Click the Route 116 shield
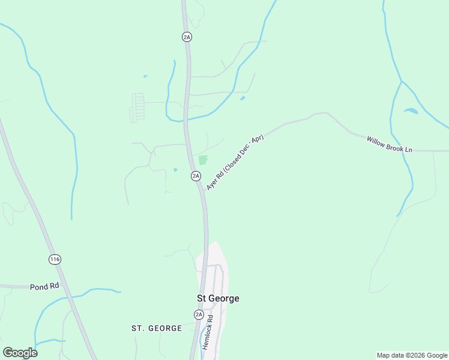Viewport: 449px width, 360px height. (55, 259)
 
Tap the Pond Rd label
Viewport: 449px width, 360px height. (44, 287)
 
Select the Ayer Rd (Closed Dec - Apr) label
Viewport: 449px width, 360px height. (235, 163)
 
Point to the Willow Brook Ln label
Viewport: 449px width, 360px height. (390, 144)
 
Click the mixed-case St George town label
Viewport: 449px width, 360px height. (218, 298)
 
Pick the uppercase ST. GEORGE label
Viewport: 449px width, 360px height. (157, 328)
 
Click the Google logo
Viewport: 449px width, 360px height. (20, 353)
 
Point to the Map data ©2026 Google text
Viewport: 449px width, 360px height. (412, 355)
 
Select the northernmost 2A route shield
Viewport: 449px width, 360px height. (187, 37)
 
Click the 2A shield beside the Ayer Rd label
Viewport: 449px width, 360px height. (196, 176)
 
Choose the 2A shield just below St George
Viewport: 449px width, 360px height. (199, 314)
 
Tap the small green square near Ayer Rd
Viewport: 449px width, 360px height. (203, 160)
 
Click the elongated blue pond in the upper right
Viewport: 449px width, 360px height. (411, 111)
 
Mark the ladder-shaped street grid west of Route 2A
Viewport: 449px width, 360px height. (138, 107)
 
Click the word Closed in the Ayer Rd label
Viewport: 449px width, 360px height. (232, 166)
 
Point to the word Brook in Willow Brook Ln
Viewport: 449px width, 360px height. (393, 145)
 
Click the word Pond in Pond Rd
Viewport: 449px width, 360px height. (38, 287)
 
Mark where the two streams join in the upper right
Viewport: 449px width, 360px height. (401, 81)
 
